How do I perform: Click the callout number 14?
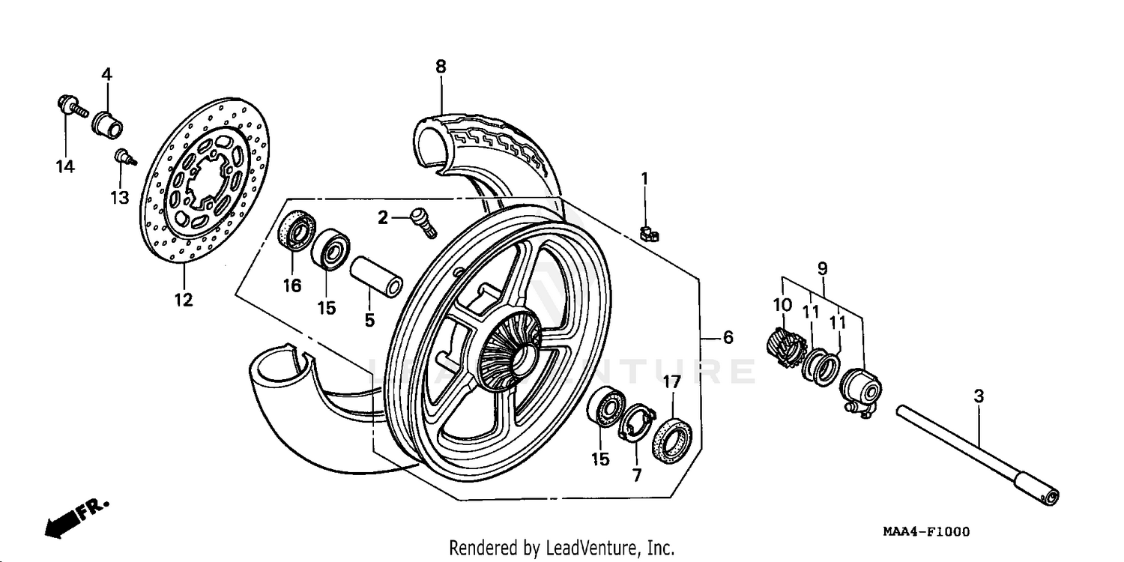click(65, 166)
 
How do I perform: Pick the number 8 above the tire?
click(441, 66)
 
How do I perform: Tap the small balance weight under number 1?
click(650, 235)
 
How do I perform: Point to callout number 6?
click(728, 338)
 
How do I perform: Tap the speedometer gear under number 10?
click(784, 348)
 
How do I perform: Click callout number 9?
click(822, 268)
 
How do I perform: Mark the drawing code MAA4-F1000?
click(925, 532)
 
